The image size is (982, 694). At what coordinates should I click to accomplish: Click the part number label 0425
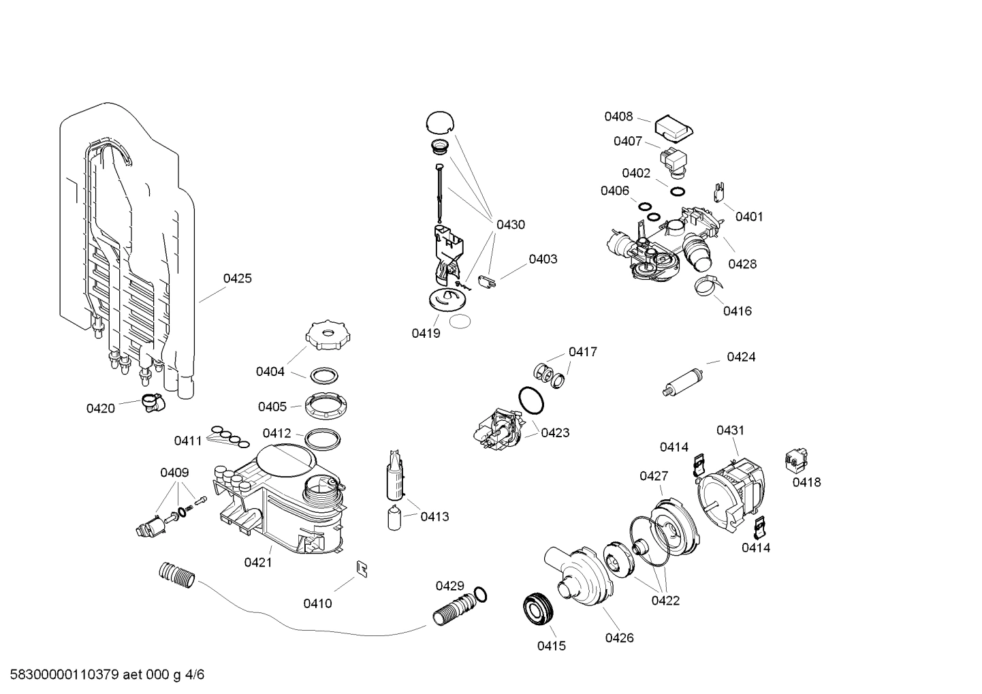point(237,278)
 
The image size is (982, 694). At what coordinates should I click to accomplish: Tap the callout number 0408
point(618,116)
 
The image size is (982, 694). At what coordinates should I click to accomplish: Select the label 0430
point(510,224)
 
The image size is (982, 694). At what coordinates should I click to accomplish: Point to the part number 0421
point(258,562)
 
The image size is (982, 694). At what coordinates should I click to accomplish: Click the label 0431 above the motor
point(730,430)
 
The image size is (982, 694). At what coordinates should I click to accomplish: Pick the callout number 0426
point(619,637)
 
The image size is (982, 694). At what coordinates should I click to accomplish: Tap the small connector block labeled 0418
point(794,461)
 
